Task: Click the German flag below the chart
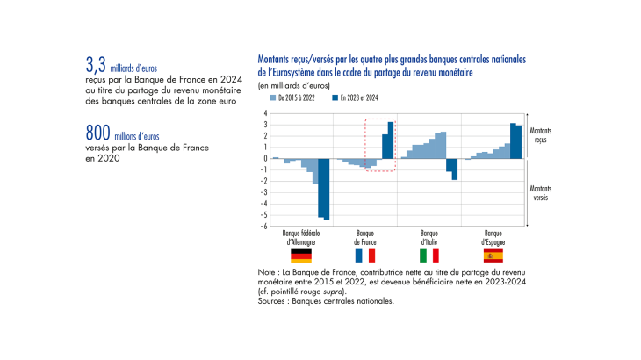point(301,256)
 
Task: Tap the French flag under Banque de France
point(364,256)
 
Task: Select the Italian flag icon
point(429,256)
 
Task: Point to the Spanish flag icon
point(493,256)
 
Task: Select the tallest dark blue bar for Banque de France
point(391,140)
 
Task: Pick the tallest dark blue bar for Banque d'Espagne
point(513,141)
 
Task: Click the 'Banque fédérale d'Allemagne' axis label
point(300,237)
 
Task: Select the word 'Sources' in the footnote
point(273,300)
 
